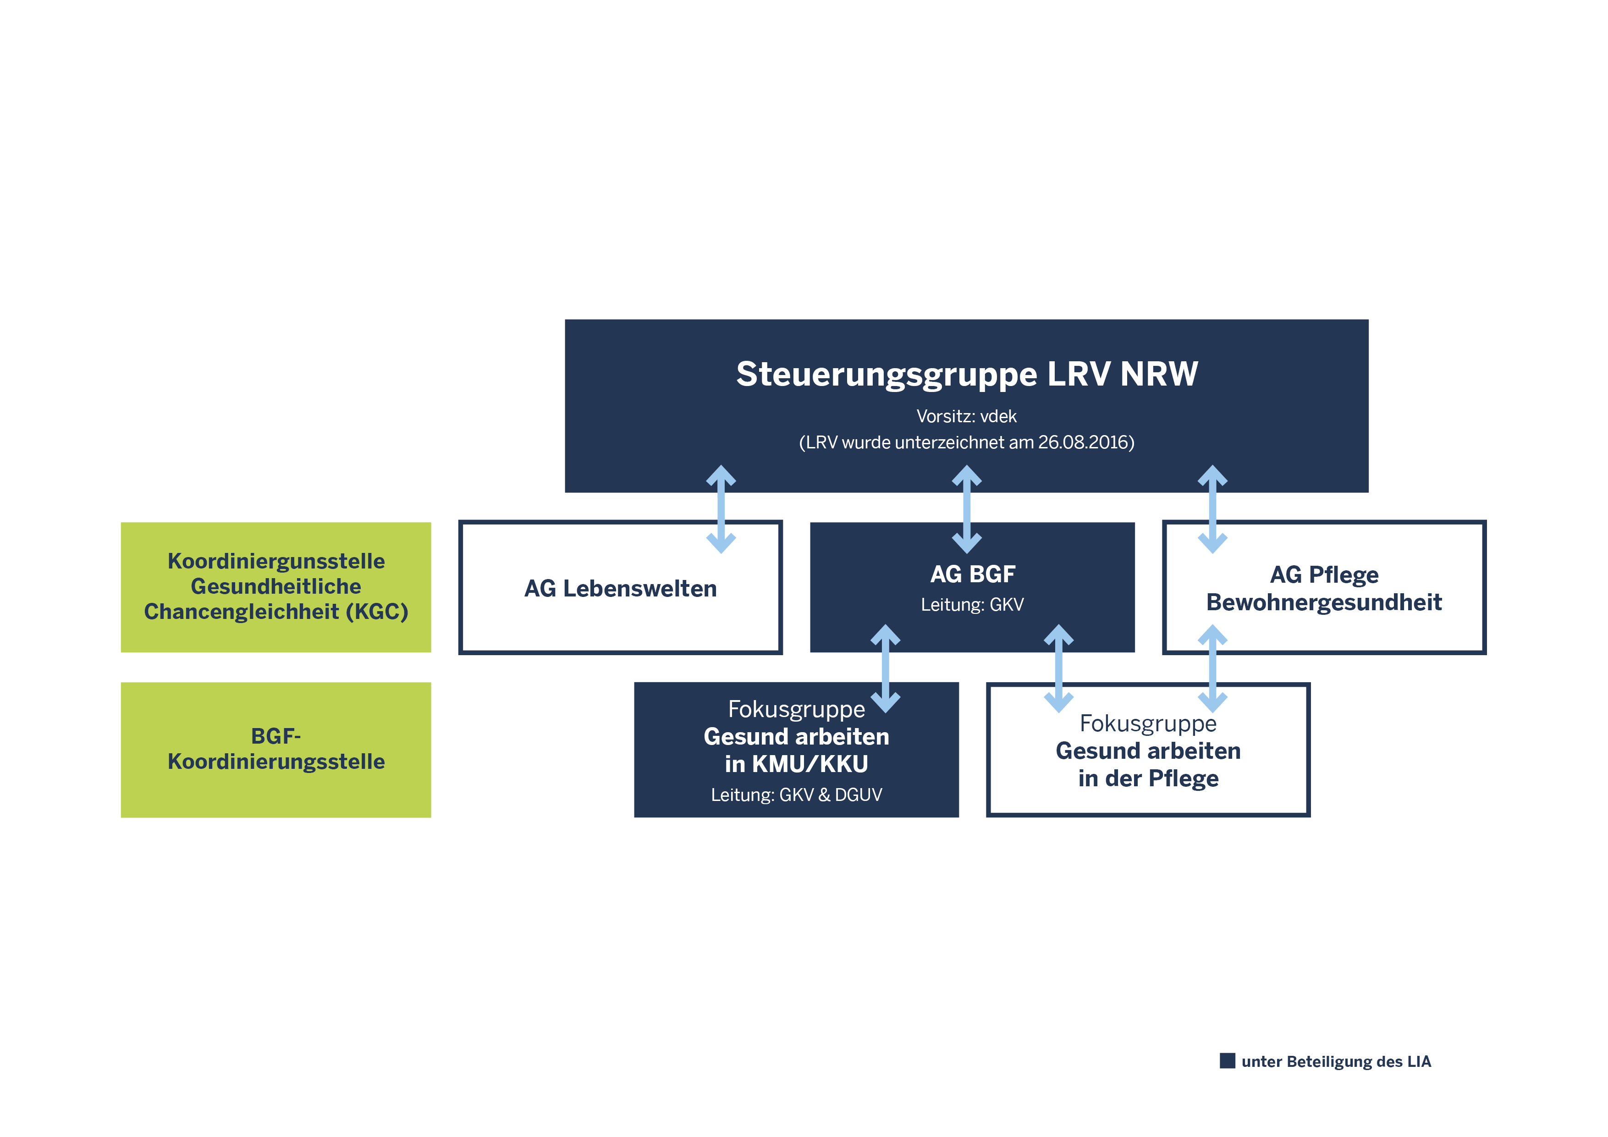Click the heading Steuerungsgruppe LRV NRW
pos(966,374)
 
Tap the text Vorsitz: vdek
pos(966,416)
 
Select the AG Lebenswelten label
pos(621,589)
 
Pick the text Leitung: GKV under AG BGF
pos(972,605)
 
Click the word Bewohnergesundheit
pos(1324,602)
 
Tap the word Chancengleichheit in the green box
pos(241,612)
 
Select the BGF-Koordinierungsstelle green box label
pos(276,749)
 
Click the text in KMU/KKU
pos(796,764)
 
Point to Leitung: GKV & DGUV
pos(796,795)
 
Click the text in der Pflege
pos(1149,778)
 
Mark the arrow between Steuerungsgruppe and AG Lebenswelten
pos(721,509)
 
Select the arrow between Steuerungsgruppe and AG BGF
pos(966,509)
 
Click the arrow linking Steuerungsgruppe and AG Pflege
pos(1212,509)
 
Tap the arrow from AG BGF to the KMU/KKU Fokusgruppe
pos(885,668)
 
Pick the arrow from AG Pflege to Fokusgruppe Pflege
pos(1212,668)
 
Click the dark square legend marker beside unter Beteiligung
pos(1227,1060)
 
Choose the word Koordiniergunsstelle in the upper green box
pos(276,561)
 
